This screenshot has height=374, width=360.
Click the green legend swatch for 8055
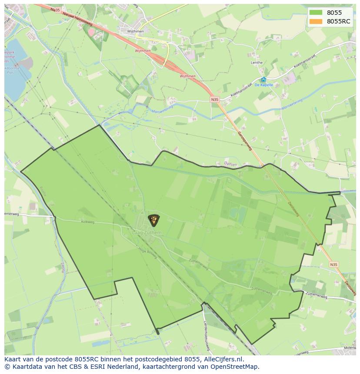tap(316, 13)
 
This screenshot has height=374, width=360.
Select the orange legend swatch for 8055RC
tap(316, 21)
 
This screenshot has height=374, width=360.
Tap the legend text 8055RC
tap(338, 21)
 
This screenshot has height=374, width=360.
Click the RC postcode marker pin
tap(153, 220)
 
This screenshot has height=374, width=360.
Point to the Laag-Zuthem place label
tap(147, 233)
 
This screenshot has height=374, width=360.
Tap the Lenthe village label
tap(257, 63)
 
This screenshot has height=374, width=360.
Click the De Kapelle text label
tap(263, 85)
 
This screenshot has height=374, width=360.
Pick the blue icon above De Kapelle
tap(263, 79)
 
